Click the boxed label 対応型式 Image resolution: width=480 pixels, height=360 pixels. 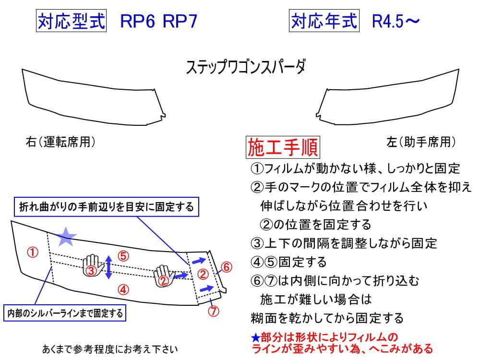(71, 21)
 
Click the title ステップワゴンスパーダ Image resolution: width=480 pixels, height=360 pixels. (245, 67)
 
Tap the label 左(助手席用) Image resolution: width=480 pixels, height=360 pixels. (420, 142)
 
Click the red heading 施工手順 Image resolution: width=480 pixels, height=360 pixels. (283, 148)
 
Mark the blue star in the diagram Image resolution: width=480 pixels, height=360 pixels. (67, 235)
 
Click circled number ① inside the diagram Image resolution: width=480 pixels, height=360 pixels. (33, 252)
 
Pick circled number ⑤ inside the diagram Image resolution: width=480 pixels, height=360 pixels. (123, 256)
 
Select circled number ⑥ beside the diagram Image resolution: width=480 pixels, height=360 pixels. (227, 266)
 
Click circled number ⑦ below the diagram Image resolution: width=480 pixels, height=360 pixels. (214, 310)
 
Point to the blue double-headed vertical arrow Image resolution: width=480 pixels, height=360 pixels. (109, 267)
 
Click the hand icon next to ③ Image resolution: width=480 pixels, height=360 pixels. (94, 265)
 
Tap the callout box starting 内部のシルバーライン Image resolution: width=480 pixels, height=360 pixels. (64, 313)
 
